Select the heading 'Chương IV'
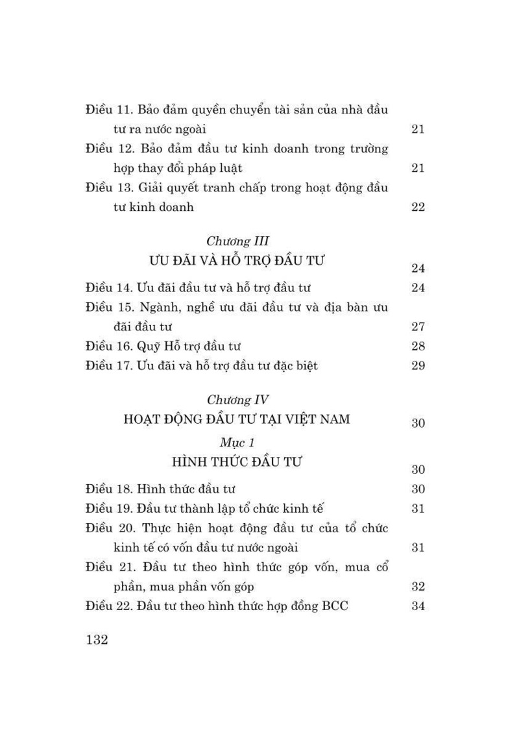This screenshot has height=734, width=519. click(x=237, y=400)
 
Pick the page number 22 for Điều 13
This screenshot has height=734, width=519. click(x=418, y=207)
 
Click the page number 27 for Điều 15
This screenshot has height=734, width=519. click(x=418, y=326)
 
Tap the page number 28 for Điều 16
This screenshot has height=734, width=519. click(x=418, y=346)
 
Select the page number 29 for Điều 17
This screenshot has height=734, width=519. click(x=418, y=365)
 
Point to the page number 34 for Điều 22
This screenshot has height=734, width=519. click(x=418, y=606)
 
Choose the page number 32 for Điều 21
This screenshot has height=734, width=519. click(x=418, y=587)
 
